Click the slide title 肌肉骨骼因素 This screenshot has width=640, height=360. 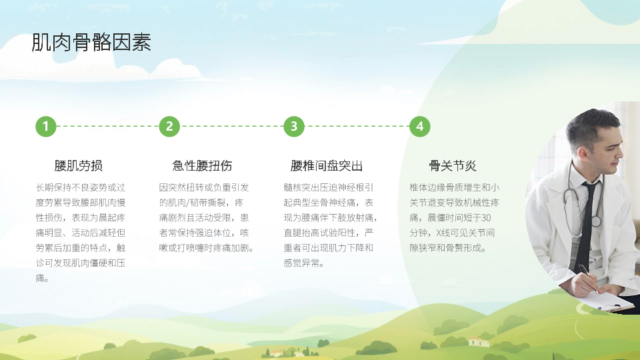pos(91,43)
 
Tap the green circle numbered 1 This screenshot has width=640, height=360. pos(46,126)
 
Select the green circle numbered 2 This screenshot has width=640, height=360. pos(169,126)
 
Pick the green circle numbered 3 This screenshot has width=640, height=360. pos(294,126)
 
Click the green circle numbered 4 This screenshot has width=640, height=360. pos(419,126)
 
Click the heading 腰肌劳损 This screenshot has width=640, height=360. pos(79,166)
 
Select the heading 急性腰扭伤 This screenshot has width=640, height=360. pos(203,166)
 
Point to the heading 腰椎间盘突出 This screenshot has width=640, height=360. pos(327,166)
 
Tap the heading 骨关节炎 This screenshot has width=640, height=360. pos(453,166)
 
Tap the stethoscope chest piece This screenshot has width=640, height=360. pos(595,221)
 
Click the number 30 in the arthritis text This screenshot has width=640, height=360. pos(486,217)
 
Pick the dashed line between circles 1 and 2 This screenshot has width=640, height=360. pos(108,126)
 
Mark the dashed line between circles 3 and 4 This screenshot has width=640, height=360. pos(357,126)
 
